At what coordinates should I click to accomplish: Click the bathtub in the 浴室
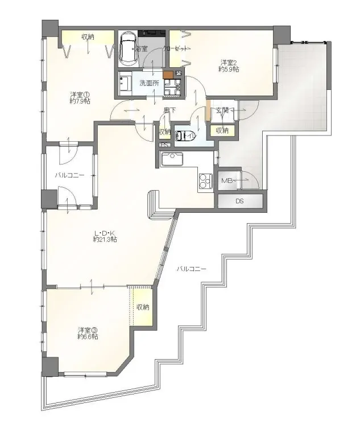(127, 50)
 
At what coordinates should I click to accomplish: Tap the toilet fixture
(185, 136)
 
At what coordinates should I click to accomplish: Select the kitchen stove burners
(204, 182)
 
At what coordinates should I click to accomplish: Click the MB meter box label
(227, 181)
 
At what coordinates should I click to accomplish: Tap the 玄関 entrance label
(222, 110)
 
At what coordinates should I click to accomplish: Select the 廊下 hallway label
(169, 110)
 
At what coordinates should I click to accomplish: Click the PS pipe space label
(164, 145)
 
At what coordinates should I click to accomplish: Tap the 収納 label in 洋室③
(142, 307)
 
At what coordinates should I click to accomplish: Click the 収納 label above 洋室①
(88, 38)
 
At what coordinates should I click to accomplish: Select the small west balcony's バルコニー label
(69, 175)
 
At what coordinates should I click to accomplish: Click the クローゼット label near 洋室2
(176, 49)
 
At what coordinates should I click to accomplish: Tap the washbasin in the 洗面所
(125, 84)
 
